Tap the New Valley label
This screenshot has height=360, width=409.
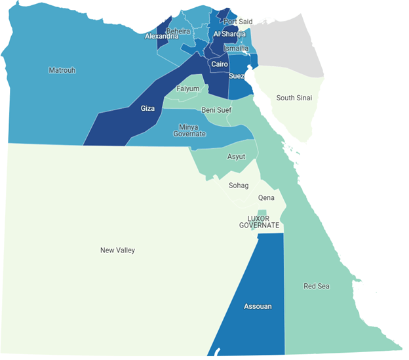click(x=117, y=250)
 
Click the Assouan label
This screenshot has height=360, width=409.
click(x=258, y=306)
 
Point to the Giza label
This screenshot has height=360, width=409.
click(x=148, y=108)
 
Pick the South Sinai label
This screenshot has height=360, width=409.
click(x=294, y=98)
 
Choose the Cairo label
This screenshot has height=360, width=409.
click(x=220, y=64)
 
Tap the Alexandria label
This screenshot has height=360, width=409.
click(x=162, y=36)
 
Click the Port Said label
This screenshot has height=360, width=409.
click(x=237, y=22)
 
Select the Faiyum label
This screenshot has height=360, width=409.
click(x=188, y=89)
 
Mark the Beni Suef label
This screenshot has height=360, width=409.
click(x=216, y=110)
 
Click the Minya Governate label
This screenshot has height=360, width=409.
click(x=189, y=130)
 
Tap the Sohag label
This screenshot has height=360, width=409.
click(x=239, y=186)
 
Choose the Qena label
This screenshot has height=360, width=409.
click(x=266, y=197)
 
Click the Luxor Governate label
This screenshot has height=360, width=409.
click(x=259, y=222)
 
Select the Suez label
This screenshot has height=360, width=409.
click(x=237, y=76)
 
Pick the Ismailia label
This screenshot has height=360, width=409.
click(x=236, y=49)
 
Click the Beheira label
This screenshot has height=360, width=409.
click(x=178, y=31)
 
